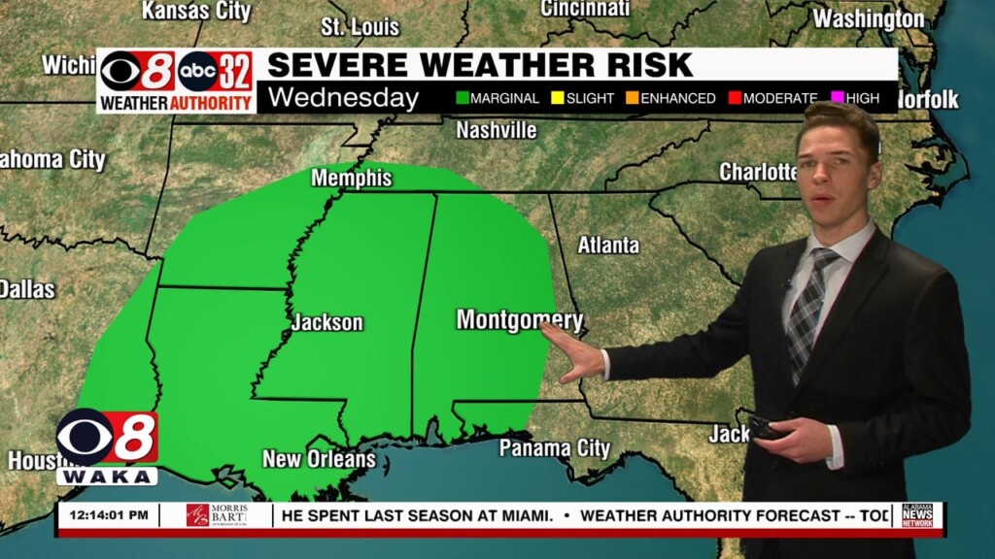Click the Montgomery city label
(519, 320)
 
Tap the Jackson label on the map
(327, 323)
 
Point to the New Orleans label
(319, 458)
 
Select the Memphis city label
(352, 179)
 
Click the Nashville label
(497, 130)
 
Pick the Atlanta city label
(608, 246)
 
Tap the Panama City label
(555, 448)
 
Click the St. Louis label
(360, 26)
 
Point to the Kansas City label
(196, 11)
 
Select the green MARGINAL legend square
(463, 98)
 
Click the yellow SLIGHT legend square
(558, 98)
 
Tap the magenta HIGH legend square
(837, 98)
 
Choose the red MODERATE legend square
(736, 98)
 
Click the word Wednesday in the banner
(343, 98)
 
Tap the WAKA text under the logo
(107, 477)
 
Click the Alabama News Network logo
(917, 515)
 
